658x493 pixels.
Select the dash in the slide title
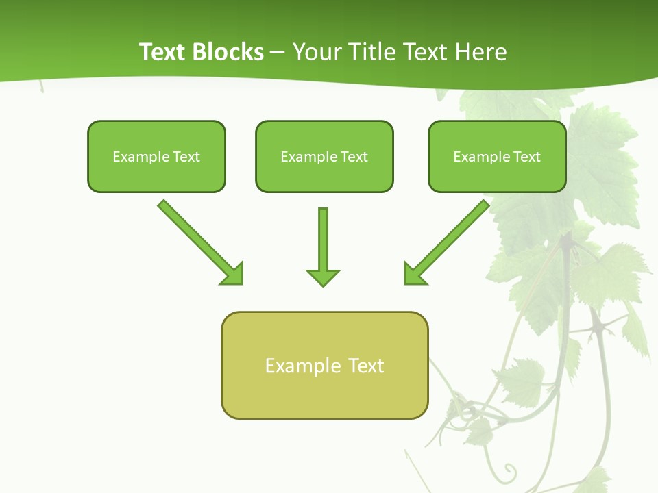click(x=278, y=52)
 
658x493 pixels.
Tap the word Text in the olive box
click(x=366, y=366)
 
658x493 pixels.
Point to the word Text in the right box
click(x=527, y=157)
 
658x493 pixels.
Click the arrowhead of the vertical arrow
click(x=323, y=277)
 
